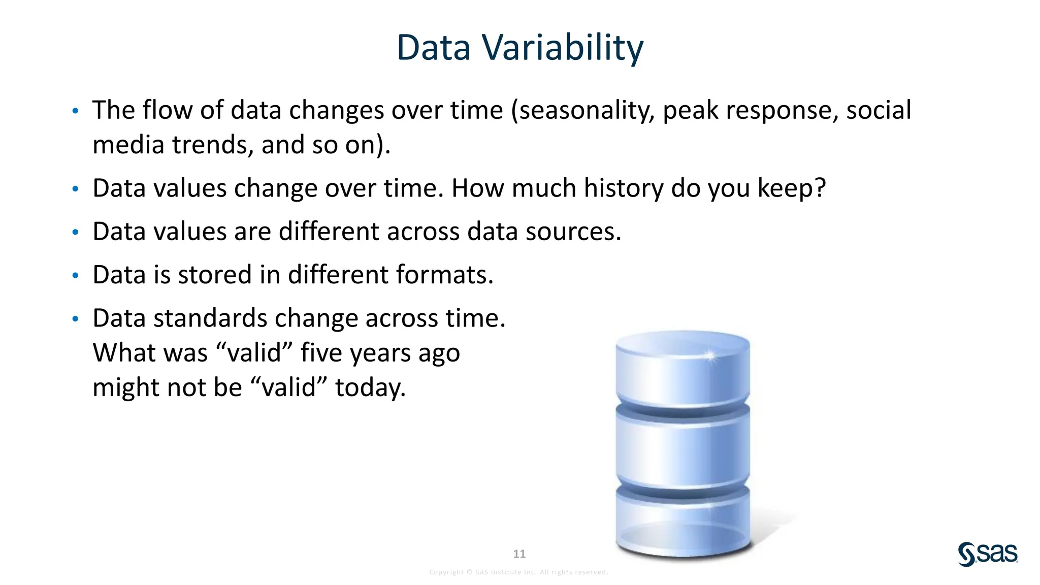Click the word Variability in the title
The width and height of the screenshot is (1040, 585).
562,48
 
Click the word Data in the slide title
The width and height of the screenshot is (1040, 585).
433,48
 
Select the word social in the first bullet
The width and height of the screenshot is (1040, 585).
879,110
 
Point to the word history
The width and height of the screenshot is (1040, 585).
623,188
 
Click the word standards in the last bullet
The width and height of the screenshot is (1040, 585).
210,318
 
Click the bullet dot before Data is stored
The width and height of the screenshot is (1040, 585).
75,276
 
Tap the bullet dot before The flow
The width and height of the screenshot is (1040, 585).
75,111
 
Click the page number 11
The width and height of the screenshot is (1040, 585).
519,554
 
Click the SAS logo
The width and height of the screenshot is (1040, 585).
988,554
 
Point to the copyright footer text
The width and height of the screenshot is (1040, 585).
518,572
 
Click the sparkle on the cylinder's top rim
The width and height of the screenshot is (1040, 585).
710,355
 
